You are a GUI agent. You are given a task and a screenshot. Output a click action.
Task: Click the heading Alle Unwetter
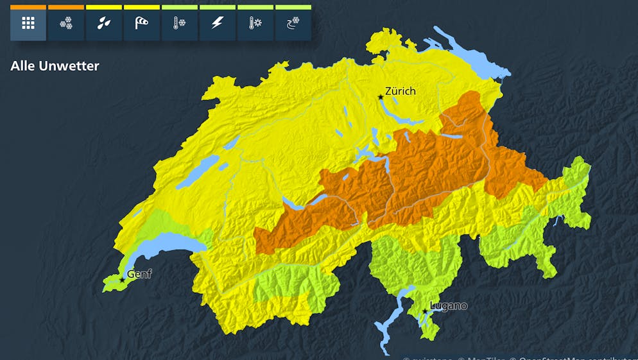(x=55, y=65)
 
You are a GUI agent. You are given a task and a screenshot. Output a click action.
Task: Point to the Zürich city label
(x=401, y=91)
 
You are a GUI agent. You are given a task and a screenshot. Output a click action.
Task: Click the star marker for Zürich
(x=381, y=97)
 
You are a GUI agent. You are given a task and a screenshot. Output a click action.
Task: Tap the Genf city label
(x=139, y=274)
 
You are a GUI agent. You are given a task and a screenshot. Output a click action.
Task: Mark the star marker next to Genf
(x=122, y=280)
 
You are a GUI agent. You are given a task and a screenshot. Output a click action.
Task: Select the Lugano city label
(x=449, y=305)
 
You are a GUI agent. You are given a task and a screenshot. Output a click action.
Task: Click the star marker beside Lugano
(x=424, y=311)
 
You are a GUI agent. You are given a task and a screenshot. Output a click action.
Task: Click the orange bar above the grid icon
(x=28, y=7)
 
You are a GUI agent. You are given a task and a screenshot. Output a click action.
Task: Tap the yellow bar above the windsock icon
(x=142, y=7)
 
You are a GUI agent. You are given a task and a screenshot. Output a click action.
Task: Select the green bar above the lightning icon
(x=218, y=7)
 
